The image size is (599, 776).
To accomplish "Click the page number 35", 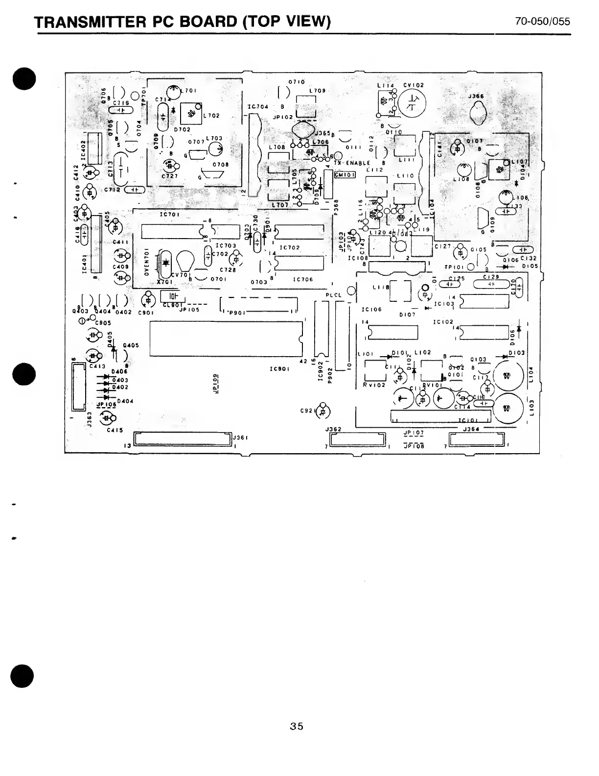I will pos(296,726).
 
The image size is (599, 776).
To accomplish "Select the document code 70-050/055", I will pos(542,22).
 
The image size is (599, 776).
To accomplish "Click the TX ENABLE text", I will pos(352,163).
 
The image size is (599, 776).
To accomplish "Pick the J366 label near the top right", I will pos(476,97).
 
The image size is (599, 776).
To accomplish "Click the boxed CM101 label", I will pos(345,175).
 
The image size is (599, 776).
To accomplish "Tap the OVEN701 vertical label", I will pos(146,263).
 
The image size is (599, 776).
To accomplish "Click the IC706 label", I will pos(303,280).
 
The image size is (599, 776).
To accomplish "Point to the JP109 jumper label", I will pos(216,383).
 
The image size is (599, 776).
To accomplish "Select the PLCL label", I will pos(334,295).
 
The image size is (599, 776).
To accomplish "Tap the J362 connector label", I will pos(333,430).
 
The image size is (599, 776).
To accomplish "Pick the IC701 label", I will pos(170,215).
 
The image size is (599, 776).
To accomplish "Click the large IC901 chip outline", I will pos(227,339).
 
